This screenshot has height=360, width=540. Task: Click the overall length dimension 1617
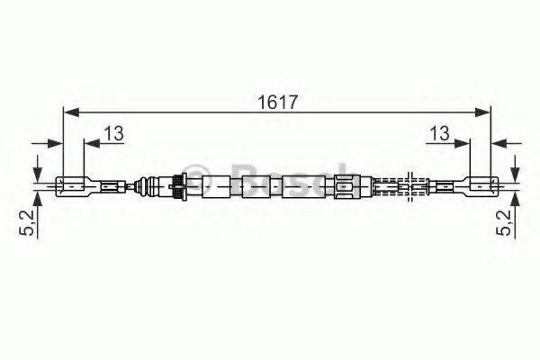[277, 103]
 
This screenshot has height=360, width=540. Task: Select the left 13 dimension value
[114, 133]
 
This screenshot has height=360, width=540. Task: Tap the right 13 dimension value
[440, 133]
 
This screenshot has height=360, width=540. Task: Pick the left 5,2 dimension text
[28, 222]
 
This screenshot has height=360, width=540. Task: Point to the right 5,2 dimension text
[504, 222]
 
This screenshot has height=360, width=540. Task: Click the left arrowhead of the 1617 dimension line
[72, 112]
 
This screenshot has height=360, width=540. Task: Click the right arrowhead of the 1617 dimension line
[481, 112]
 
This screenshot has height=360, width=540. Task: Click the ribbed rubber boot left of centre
[147, 186]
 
